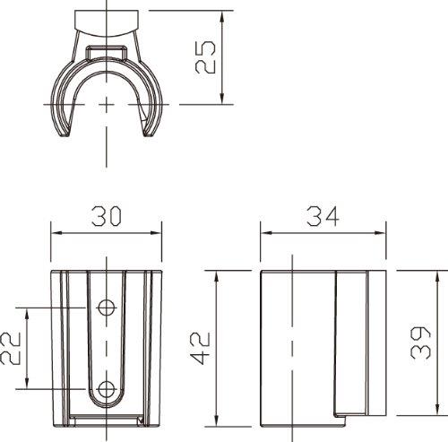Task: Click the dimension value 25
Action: (205, 56)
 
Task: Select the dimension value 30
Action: (107, 216)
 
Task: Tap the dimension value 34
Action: (323, 216)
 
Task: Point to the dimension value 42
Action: (201, 348)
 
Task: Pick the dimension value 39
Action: (420, 342)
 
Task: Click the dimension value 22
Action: (10, 348)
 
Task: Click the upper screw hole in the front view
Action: (107, 308)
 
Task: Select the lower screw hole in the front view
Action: (107, 389)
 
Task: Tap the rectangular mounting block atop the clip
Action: (107, 23)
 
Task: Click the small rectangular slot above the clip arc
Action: (107, 53)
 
